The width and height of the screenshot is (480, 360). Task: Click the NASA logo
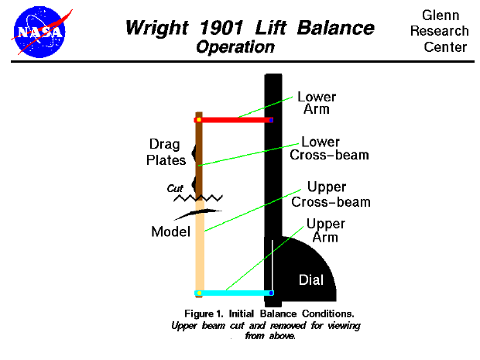click(x=38, y=30)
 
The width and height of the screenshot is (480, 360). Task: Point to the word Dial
click(x=311, y=279)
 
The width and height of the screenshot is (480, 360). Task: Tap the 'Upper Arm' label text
click(x=325, y=231)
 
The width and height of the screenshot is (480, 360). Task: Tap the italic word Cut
click(x=176, y=188)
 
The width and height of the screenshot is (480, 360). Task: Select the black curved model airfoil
click(x=196, y=212)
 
